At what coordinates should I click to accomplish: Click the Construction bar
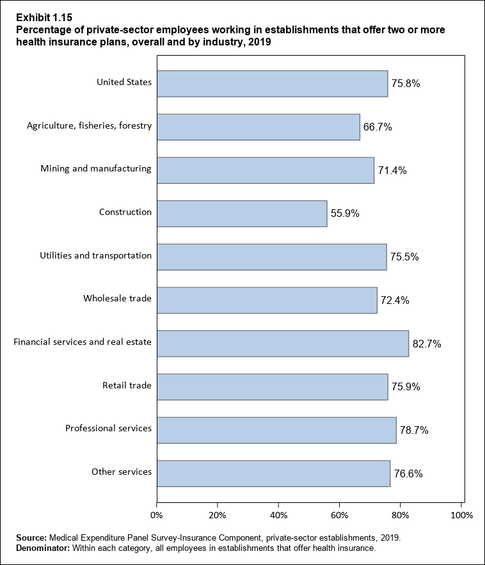coord(242,213)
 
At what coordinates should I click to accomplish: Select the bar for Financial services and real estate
coord(282,343)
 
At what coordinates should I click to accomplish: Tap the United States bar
coord(272,83)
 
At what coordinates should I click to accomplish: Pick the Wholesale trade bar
coord(267,300)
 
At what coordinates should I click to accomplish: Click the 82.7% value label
coord(427,344)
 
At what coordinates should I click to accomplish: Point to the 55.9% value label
coord(346,214)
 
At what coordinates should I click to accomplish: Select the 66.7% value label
coord(378,127)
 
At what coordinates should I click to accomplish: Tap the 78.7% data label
coord(414,431)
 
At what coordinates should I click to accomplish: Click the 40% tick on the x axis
coord(278,515)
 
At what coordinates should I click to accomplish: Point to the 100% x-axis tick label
coord(461,515)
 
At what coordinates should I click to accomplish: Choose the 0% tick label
coord(157,515)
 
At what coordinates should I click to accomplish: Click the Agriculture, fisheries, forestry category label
coord(89,125)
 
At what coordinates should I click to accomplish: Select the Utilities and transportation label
coord(95,256)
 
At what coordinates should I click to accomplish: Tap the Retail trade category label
coord(127,385)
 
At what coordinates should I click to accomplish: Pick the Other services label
coord(122,472)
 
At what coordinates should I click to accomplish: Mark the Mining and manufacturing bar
coord(265,170)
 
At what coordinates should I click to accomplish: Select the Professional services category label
coord(108,428)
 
